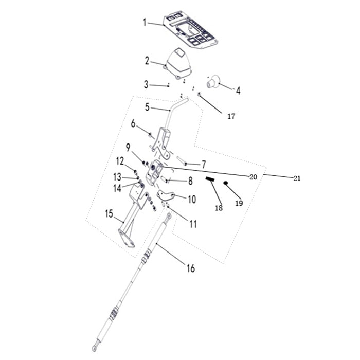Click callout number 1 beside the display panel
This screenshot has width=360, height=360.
click(145, 22)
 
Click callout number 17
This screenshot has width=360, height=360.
click(231, 116)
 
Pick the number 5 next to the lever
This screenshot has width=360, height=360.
click(147, 107)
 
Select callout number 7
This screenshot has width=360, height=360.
click(204, 165)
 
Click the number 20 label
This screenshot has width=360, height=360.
click(253, 176)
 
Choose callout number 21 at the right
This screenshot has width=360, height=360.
click(297, 178)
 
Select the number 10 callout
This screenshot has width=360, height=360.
click(192, 199)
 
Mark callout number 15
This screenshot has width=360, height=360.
click(109, 213)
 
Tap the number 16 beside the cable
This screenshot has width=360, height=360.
click(191, 268)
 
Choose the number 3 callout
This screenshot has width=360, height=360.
click(146, 84)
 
